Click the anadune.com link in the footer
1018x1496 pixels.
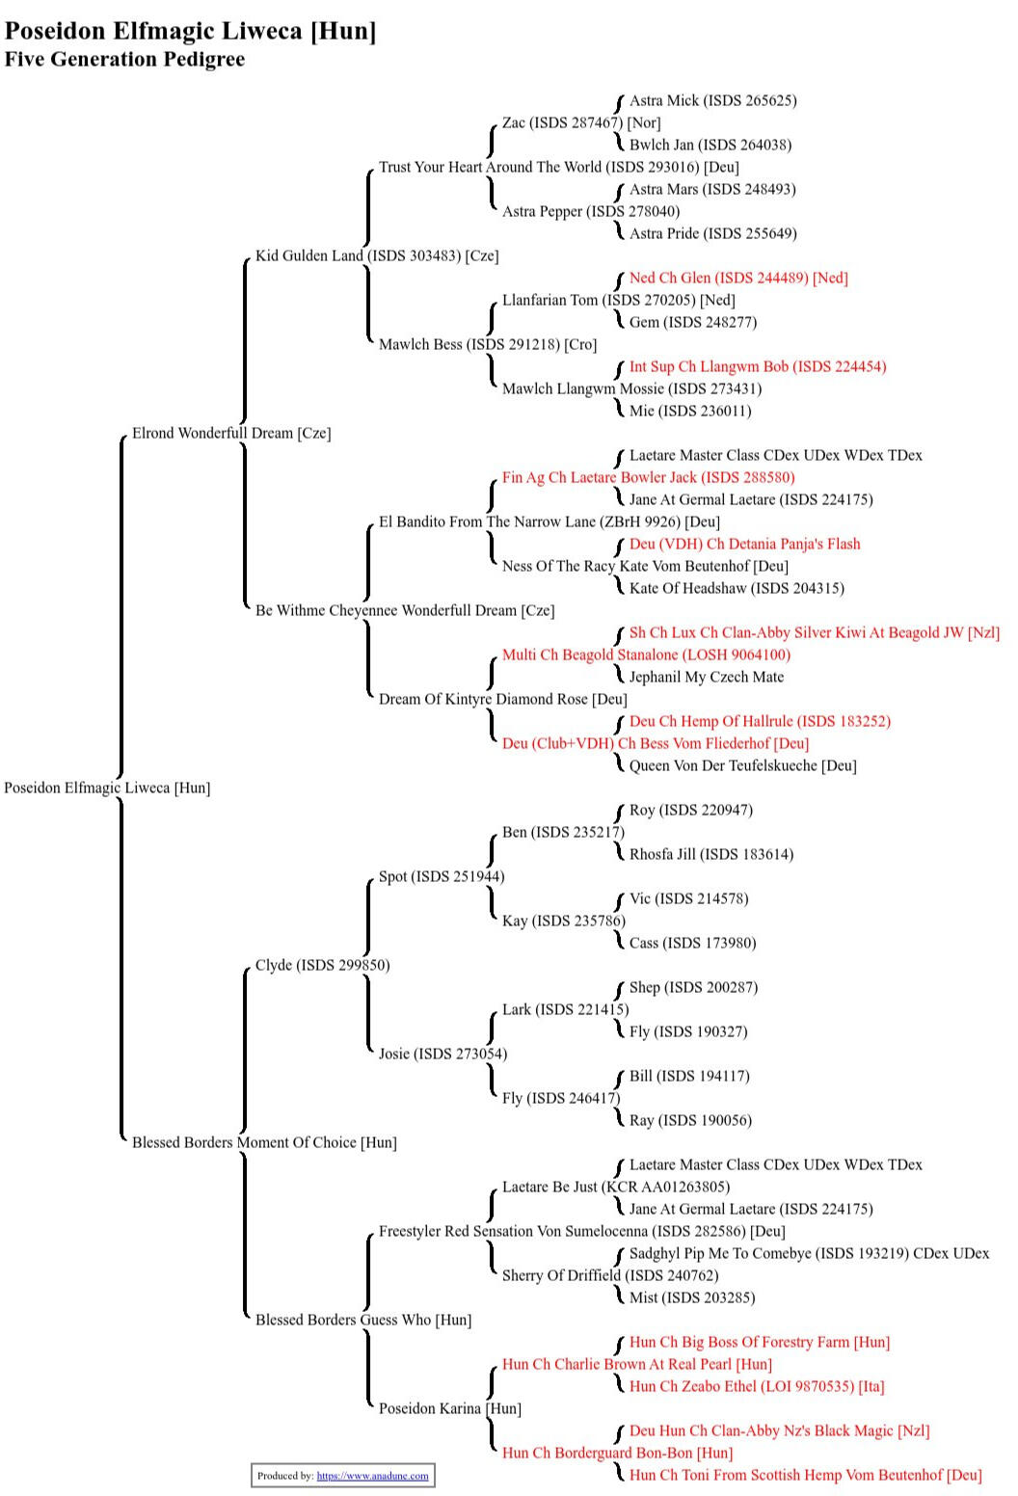tap(372, 1476)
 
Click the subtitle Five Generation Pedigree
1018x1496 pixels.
tap(124, 60)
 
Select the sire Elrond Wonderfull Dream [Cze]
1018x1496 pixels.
tap(231, 434)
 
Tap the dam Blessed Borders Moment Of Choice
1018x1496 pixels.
tap(264, 1143)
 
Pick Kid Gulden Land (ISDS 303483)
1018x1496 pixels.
tap(377, 256)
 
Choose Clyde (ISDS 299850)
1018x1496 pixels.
tap(322, 966)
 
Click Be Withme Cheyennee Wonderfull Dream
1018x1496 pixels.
tap(405, 611)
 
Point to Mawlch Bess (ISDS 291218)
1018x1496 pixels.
tap(488, 345)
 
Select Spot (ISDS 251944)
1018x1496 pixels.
tap(442, 877)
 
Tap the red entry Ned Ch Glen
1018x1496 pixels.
tap(738, 279)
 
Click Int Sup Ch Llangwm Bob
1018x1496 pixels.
tap(758, 367)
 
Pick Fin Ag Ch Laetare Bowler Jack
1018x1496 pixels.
tap(648, 478)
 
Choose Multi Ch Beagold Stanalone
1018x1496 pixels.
tap(646, 655)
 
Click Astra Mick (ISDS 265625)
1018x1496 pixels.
tap(712, 101)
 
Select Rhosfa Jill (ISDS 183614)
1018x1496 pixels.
tap(711, 855)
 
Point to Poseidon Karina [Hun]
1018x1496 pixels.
tap(449, 1409)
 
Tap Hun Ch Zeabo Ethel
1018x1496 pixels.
tap(757, 1387)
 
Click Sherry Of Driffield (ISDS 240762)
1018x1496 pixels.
tap(610, 1276)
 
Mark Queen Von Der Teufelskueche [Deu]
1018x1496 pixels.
tap(742, 766)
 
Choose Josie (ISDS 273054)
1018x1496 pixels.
tap(442, 1055)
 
